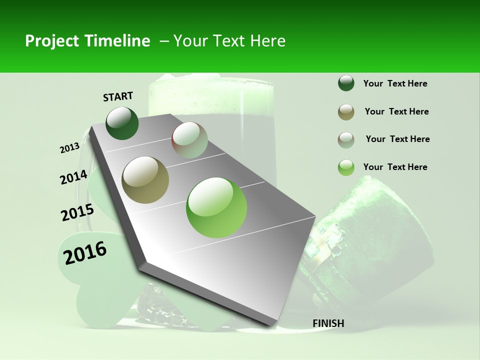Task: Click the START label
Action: tap(118, 96)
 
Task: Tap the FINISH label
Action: tap(328, 323)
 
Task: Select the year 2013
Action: tap(69, 148)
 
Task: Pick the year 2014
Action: tap(74, 177)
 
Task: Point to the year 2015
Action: tap(77, 212)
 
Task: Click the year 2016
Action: tap(85, 253)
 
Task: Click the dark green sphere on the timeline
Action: tap(122, 123)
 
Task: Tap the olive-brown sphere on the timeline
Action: tap(145, 179)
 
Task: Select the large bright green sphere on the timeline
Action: tap(216, 207)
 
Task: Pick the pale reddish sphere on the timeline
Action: tap(189, 140)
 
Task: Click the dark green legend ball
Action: tap(346, 83)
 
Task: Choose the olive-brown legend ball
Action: tap(346, 112)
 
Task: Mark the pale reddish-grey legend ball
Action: tap(346, 140)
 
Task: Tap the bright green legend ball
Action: tap(346, 167)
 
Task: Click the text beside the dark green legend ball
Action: tap(395, 84)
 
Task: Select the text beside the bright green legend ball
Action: tap(395, 167)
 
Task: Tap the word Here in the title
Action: tap(267, 41)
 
